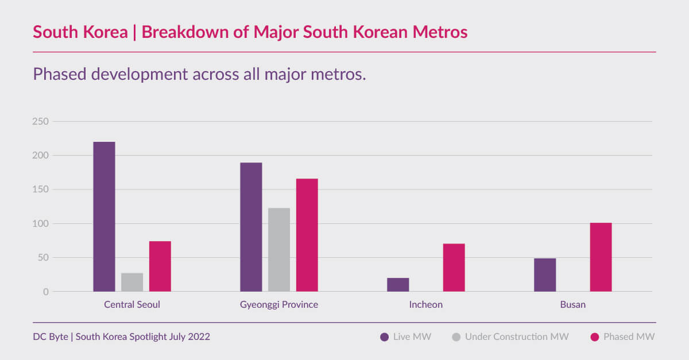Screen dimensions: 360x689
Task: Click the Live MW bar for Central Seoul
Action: pyautogui.click(x=104, y=216)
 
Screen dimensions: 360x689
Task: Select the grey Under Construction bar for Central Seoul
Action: pyautogui.click(x=132, y=282)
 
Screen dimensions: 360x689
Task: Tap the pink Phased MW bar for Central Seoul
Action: pyautogui.click(x=160, y=266)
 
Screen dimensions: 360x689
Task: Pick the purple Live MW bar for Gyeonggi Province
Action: pyautogui.click(x=251, y=227)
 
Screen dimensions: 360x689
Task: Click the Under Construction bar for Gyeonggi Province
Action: pyautogui.click(x=279, y=250)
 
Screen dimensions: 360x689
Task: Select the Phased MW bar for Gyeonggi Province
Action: pyautogui.click(x=307, y=235)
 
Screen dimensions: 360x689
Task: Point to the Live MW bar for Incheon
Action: pyautogui.click(x=398, y=285)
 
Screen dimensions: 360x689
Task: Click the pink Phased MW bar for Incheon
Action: pyautogui.click(x=454, y=268)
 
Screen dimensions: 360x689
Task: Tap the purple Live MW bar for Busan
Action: pyautogui.click(x=545, y=275)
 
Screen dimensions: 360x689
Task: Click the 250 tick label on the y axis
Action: pyautogui.click(x=41, y=122)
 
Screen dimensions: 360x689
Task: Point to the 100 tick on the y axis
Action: pyautogui.click(x=41, y=224)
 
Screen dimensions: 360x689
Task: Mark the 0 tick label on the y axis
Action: pyautogui.click(x=46, y=292)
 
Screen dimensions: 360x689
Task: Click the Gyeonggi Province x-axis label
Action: pyautogui.click(x=279, y=305)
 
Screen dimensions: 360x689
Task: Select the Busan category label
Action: pyautogui.click(x=572, y=305)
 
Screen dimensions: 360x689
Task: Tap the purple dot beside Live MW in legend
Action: pyautogui.click(x=385, y=337)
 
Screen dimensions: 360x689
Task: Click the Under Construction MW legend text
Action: pyautogui.click(x=517, y=337)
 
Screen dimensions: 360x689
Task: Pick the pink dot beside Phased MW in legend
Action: pyautogui.click(x=595, y=337)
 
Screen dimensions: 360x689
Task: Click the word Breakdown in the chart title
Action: pyautogui.click(x=181, y=32)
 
